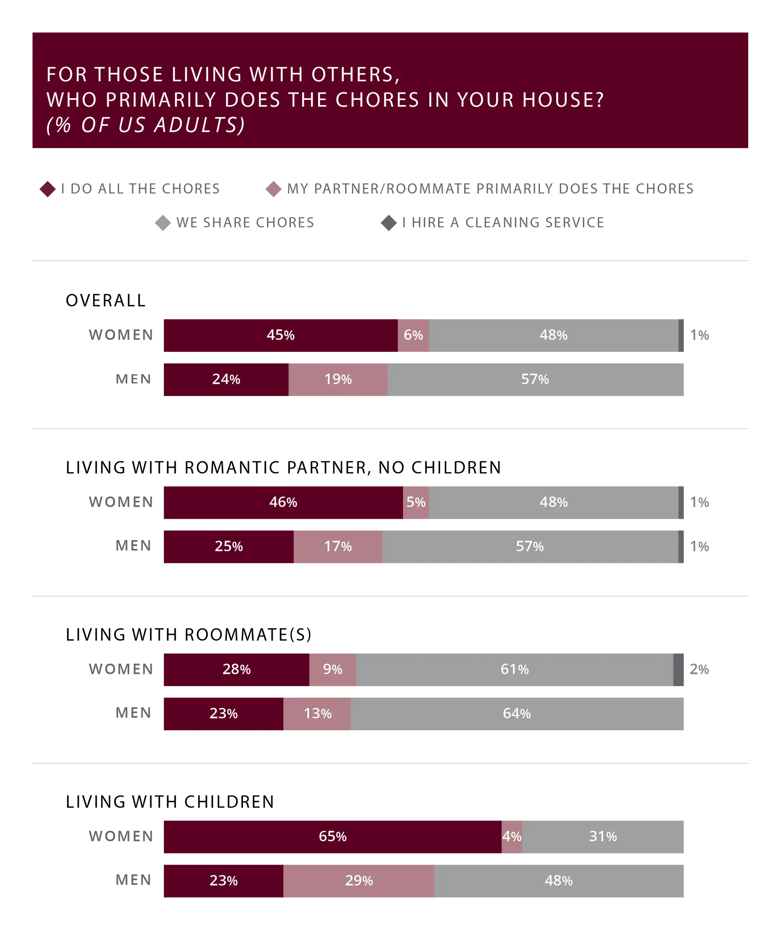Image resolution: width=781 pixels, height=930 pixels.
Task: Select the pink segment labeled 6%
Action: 413,335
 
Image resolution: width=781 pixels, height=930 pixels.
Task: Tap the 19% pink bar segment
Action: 337,380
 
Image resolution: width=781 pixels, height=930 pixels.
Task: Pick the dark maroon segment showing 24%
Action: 225,380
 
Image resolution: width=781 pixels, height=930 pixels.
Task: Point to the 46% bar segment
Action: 283,502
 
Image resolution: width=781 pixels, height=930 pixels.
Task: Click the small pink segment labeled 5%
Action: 416,502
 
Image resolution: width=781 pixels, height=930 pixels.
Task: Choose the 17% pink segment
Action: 337,546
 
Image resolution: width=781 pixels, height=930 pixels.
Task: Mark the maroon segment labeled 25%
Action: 228,546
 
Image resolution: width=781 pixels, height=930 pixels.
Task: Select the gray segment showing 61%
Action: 514,669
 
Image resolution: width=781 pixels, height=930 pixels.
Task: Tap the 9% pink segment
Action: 332,669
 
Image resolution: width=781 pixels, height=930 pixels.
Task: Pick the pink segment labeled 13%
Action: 317,714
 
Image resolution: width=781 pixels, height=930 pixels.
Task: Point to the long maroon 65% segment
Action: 332,836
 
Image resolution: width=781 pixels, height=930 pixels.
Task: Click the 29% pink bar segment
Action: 359,880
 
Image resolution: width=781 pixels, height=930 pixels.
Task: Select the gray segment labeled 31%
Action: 603,836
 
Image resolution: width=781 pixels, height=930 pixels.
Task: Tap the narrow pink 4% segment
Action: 512,836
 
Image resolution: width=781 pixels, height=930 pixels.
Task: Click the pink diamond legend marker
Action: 273,189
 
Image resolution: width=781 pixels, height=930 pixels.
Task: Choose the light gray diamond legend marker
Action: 163,223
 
